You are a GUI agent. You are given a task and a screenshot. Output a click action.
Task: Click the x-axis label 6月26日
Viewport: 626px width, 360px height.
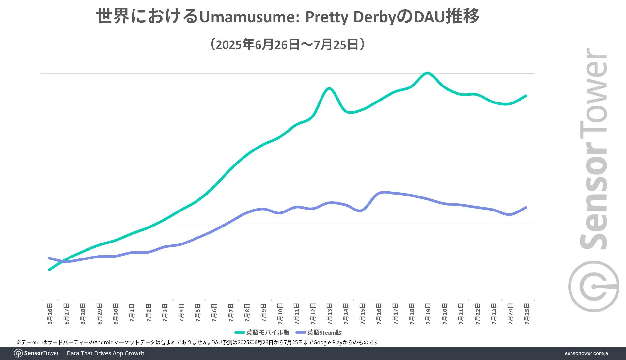pyautogui.click(x=50, y=314)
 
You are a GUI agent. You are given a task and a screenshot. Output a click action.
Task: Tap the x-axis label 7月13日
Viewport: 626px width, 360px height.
pyautogui.click(x=329, y=314)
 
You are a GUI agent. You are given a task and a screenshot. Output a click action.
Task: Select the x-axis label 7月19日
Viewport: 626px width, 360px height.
pyautogui.click(x=428, y=314)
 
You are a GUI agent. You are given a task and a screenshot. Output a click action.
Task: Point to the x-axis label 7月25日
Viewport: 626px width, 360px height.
pyautogui.click(x=527, y=314)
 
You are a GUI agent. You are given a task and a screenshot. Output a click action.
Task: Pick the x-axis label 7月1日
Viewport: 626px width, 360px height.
pyautogui.click(x=132, y=313)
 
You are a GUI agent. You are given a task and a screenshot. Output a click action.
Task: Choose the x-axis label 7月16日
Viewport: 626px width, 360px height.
pyautogui.click(x=379, y=314)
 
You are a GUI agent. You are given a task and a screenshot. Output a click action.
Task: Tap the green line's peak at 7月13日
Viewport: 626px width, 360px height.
pyautogui.click(x=329, y=88)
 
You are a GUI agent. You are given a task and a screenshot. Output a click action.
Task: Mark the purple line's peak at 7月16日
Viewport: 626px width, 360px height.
pyautogui.click(x=383, y=192)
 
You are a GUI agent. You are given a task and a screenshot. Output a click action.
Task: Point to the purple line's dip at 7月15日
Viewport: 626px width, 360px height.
pyautogui.click(x=361, y=211)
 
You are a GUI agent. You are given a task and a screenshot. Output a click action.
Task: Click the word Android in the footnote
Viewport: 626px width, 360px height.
pyautogui.click(x=104, y=342)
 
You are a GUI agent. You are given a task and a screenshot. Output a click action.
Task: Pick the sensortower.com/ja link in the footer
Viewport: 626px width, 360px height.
pyautogui.click(x=586, y=353)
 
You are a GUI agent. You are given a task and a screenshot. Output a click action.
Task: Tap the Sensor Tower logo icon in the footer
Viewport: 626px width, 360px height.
pyautogui.click(x=18, y=353)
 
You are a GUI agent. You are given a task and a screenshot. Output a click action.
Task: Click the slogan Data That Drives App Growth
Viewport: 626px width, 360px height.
pyautogui.click(x=105, y=353)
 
